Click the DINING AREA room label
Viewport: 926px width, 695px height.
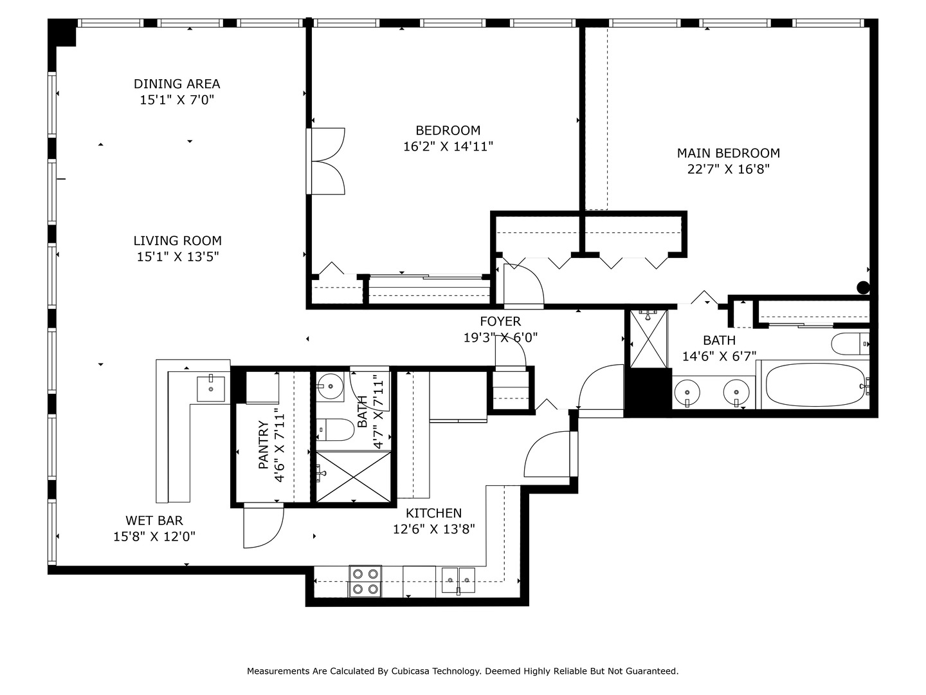(177, 84)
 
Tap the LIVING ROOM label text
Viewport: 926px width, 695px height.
(177, 241)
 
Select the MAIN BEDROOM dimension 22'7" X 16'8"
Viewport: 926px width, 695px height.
(729, 169)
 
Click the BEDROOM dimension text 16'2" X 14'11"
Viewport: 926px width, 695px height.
(448, 147)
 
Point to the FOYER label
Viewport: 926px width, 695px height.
(500, 321)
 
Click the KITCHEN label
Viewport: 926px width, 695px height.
(433, 513)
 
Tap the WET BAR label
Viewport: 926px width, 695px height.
(154, 521)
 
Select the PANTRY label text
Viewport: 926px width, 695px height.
(264, 445)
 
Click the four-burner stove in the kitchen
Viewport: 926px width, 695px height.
(365, 581)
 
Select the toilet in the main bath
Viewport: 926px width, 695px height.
(849, 344)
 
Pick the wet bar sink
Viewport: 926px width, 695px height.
(211, 388)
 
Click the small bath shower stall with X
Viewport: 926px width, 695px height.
(353, 476)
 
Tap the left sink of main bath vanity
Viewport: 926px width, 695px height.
(687, 391)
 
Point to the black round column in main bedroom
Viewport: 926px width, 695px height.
(863, 288)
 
